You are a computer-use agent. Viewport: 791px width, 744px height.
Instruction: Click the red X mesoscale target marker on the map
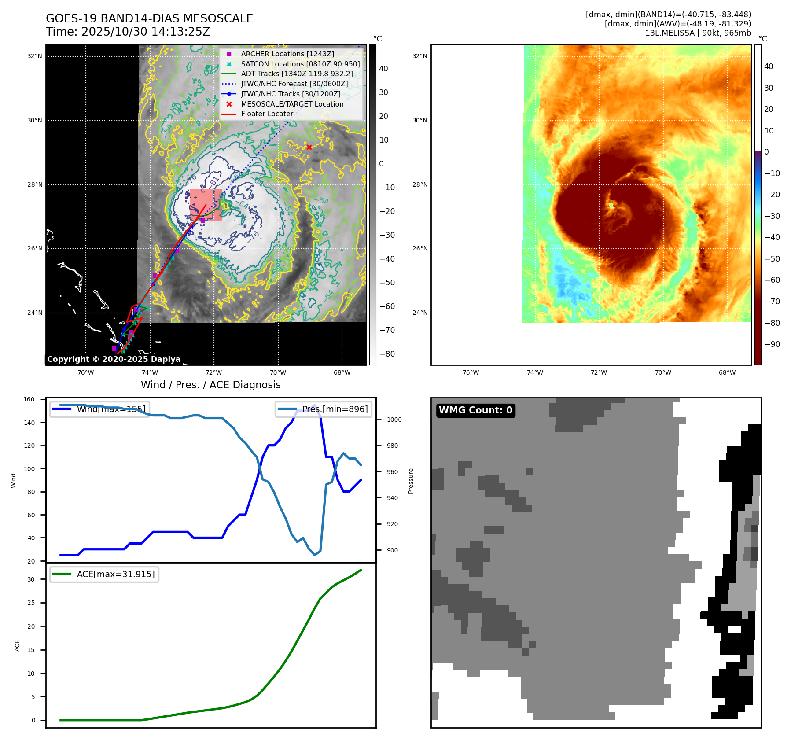[309, 147]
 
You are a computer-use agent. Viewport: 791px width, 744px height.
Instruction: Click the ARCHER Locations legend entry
[287, 54]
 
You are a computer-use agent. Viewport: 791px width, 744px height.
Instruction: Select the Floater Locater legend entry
[267, 114]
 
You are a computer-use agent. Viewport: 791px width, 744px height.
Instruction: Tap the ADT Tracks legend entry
[297, 74]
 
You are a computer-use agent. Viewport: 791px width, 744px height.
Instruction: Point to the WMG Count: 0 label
[475, 410]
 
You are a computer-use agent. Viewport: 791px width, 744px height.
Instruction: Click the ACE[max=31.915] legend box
[104, 574]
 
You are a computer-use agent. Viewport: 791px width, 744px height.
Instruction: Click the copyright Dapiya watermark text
[114, 359]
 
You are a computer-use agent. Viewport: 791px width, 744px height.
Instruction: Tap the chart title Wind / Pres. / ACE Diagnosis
[210, 385]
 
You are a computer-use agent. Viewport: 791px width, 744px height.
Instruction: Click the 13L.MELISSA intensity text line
[698, 33]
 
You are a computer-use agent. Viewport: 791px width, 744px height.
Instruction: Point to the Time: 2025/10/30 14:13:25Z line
[128, 32]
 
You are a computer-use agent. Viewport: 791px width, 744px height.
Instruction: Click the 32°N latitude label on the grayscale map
[35, 56]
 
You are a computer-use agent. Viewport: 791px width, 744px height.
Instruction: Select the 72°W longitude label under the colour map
[599, 372]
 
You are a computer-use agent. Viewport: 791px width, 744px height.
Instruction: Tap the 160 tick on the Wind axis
[29, 399]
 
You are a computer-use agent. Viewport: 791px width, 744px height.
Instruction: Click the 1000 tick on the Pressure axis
[394, 420]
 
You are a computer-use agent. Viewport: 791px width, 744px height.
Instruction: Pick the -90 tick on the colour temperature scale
[772, 344]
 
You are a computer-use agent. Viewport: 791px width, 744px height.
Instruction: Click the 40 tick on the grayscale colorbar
[383, 69]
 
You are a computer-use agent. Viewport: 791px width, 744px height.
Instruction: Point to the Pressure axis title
[411, 481]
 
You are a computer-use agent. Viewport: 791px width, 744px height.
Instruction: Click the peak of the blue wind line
[314, 405]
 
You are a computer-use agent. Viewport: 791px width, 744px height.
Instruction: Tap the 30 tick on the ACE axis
[31, 579]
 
